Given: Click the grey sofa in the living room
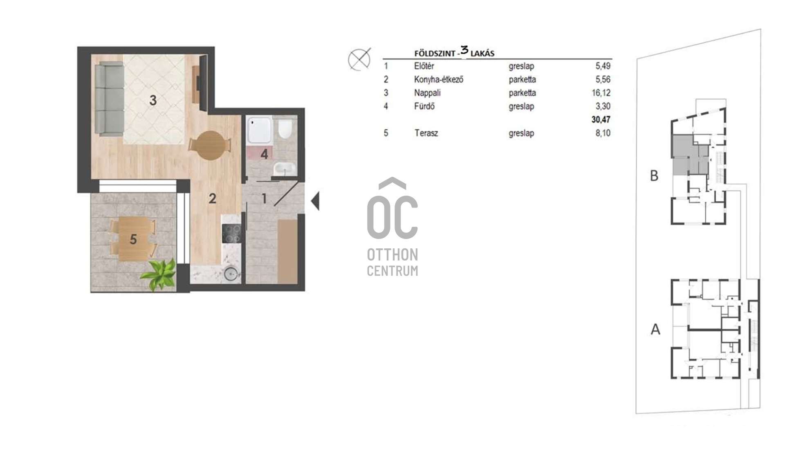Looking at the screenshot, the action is click(x=109, y=98).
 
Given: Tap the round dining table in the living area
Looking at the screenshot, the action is click(x=210, y=145).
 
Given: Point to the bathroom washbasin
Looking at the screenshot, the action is click(x=284, y=168).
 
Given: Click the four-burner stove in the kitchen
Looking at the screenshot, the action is click(x=231, y=234).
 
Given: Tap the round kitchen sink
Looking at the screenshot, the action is click(x=231, y=274).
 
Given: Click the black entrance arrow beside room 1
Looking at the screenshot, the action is click(x=315, y=201).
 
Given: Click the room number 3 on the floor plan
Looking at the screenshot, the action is click(x=153, y=100).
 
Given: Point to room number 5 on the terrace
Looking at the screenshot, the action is click(x=133, y=239).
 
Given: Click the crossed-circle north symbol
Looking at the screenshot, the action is click(x=359, y=59).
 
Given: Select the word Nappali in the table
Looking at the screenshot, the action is click(x=427, y=93).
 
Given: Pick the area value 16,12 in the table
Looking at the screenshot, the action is click(x=601, y=93).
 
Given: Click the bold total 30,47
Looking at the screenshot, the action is click(x=601, y=120).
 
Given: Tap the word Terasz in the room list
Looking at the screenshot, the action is click(x=426, y=133).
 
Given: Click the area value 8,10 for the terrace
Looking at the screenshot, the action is click(x=603, y=133).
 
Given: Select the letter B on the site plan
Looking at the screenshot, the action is click(x=654, y=176).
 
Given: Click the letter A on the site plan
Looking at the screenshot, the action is click(x=655, y=329).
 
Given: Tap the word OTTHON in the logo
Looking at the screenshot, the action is click(x=392, y=255).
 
